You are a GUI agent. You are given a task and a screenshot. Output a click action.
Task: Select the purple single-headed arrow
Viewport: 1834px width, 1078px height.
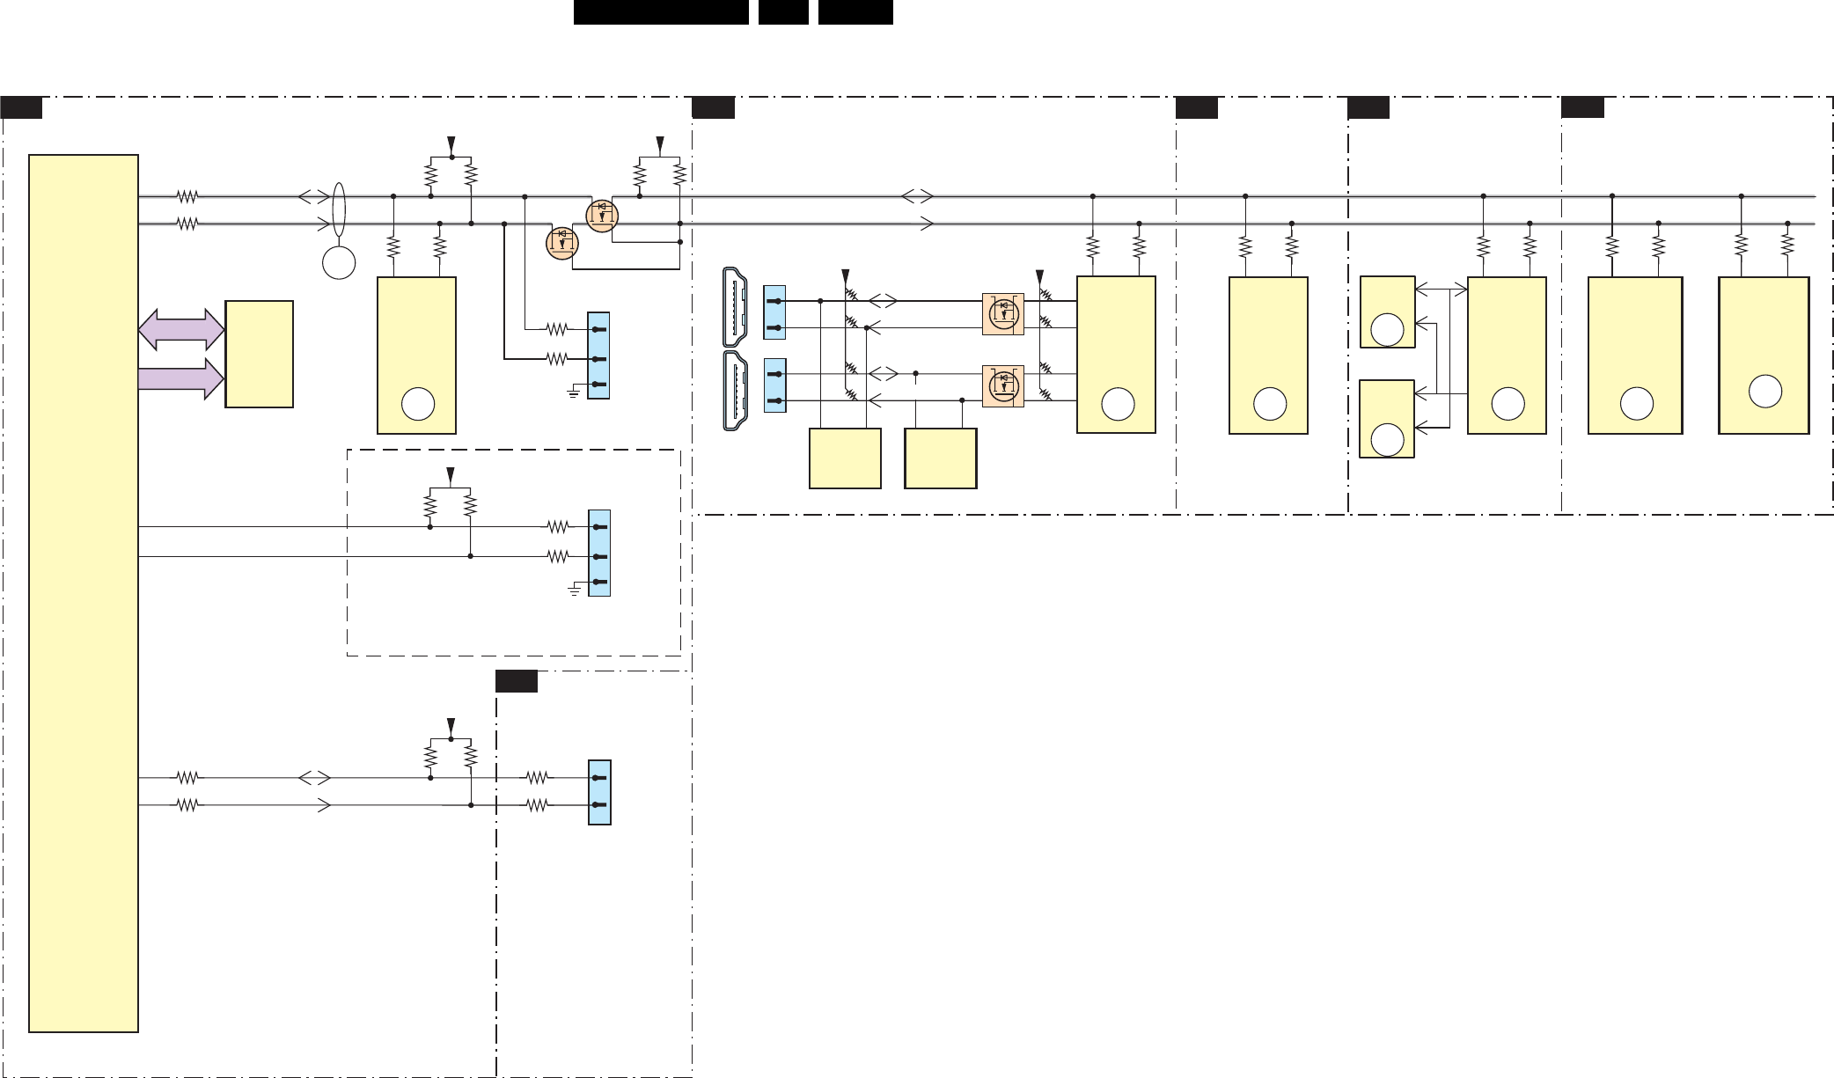pyautogui.click(x=181, y=378)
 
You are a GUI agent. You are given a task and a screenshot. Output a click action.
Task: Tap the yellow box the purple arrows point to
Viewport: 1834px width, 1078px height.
pyautogui.click(x=259, y=354)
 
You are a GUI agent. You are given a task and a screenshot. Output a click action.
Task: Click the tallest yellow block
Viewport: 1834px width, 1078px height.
pyautogui.click(x=84, y=592)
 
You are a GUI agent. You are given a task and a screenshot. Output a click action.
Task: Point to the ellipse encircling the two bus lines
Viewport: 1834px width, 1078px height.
pyautogui.click(x=340, y=210)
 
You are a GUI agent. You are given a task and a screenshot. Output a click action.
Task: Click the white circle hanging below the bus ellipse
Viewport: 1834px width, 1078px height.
pyautogui.click(x=339, y=263)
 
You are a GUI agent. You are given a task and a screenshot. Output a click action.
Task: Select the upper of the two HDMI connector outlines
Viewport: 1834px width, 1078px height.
pyautogui.click(x=735, y=306)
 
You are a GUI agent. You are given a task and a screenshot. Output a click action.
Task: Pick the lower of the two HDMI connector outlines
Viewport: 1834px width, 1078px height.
pyautogui.click(x=735, y=391)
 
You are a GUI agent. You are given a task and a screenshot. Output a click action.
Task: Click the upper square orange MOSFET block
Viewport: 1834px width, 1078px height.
pyautogui.click(x=1002, y=314)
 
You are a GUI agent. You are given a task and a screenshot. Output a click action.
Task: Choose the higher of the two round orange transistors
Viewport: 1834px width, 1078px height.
pyautogui.click(x=602, y=215)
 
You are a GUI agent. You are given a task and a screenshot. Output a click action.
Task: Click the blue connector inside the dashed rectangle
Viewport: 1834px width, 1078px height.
pyautogui.click(x=599, y=554)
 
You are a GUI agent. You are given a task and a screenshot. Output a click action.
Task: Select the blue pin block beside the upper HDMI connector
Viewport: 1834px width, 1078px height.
pyautogui.click(x=774, y=313)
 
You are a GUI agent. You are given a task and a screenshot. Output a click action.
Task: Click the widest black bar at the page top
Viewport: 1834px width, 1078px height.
pyautogui.click(x=661, y=12)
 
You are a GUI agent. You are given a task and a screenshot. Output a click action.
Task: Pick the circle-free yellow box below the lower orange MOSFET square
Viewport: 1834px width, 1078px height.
pyautogui.click(x=940, y=458)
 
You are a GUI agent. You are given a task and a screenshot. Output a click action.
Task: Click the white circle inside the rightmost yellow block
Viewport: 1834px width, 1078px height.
pyautogui.click(x=1764, y=392)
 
